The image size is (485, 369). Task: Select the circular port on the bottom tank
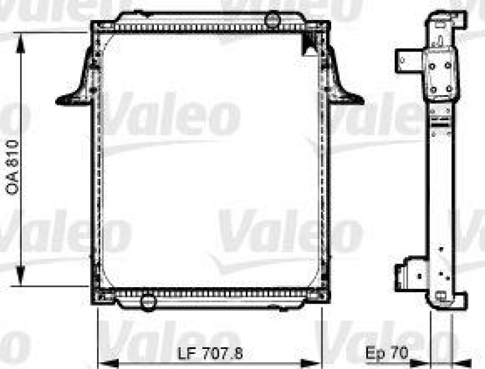point(147,300)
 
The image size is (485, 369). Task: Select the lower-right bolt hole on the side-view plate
point(449,88)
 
